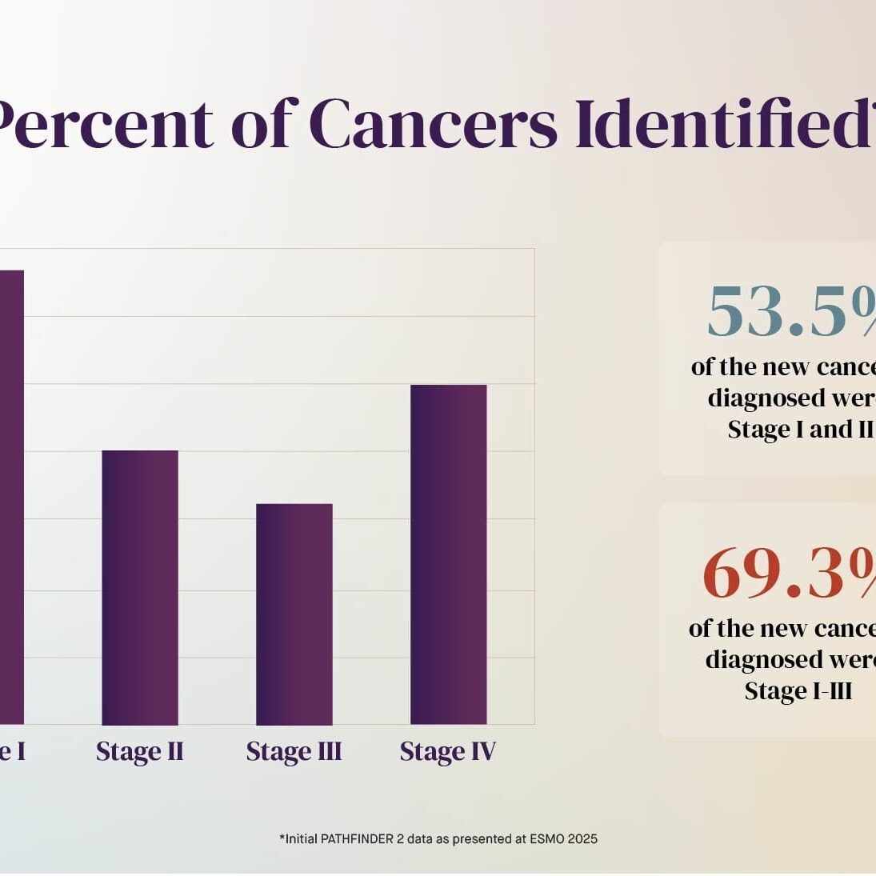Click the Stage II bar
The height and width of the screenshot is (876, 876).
pos(140,587)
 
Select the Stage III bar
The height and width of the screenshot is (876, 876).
pos(294,614)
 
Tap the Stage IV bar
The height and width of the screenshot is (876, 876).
pos(448,554)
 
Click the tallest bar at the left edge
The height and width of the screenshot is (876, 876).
pos(11,496)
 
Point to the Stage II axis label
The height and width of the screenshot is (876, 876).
pos(140,752)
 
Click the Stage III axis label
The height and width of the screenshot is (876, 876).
pos(294,752)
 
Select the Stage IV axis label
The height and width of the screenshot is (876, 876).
pos(448,752)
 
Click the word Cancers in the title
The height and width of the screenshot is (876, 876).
pos(432,125)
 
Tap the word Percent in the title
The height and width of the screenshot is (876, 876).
pos(104,125)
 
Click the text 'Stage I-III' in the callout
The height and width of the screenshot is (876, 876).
pos(798,690)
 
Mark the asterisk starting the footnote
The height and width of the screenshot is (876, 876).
pos(282,838)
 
